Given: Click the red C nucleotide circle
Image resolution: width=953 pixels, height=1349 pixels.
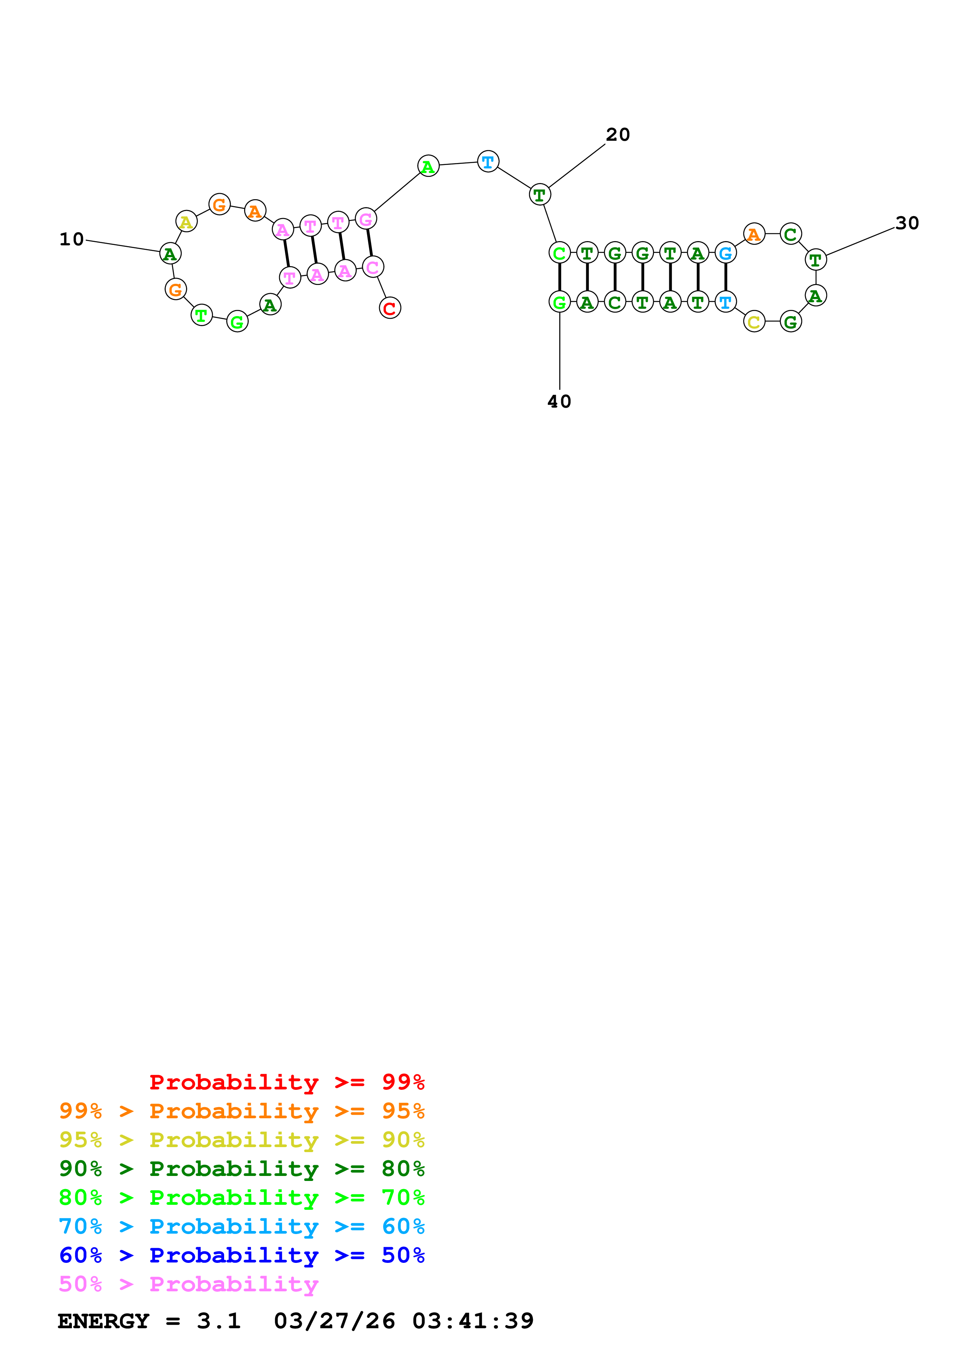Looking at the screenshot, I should [x=390, y=308].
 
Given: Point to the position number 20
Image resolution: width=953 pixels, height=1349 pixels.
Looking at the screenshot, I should [x=618, y=135].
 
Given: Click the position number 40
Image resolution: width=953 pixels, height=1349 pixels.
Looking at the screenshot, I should [x=559, y=402].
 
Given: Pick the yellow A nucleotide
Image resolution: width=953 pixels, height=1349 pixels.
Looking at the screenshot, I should [x=186, y=222].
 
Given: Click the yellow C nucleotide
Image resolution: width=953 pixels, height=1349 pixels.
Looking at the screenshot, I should [x=754, y=321].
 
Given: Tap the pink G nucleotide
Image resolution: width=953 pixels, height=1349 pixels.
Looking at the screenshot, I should [x=366, y=219].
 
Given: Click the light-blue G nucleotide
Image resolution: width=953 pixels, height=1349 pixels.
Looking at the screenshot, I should [x=726, y=253].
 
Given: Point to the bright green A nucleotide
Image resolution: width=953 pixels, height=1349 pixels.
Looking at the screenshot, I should [x=428, y=166].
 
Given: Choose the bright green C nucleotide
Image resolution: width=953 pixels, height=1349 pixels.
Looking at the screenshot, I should [x=559, y=253].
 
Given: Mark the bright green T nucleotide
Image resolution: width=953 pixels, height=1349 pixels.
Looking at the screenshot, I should [x=201, y=315].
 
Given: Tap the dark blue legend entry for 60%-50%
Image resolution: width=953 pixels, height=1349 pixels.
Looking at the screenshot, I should [x=241, y=1255].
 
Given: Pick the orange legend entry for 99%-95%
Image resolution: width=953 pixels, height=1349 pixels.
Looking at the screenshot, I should [x=241, y=1111].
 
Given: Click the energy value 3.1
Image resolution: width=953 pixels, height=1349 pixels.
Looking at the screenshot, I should [x=218, y=1321].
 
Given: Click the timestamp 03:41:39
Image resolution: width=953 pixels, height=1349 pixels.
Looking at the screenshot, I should [x=473, y=1321].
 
